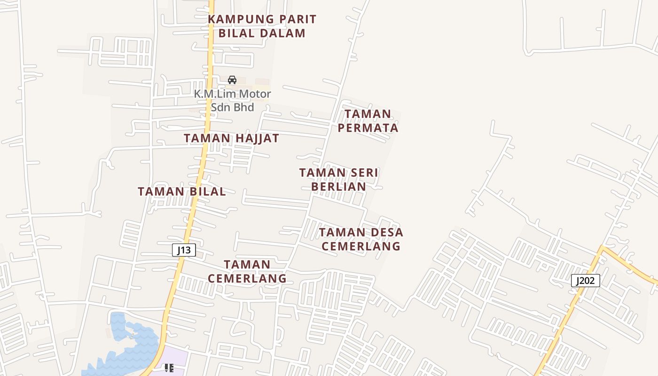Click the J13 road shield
click(x=184, y=250)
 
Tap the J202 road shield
click(x=586, y=281)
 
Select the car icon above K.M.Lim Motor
click(x=232, y=80)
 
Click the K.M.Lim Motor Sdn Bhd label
click(x=233, y=101)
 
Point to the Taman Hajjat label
click(x=231, y=138)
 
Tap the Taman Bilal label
click(x=181, y=192)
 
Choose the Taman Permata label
click(x=368, y=121)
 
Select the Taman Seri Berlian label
click(x=339, y=180)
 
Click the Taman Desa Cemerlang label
click(x=361, y=239)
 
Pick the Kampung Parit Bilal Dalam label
click(x=262, y=26)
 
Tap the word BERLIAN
click(x=339, y=187)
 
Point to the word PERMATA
click(x=368, y=128)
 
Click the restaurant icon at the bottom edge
click(x=169, y=368)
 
